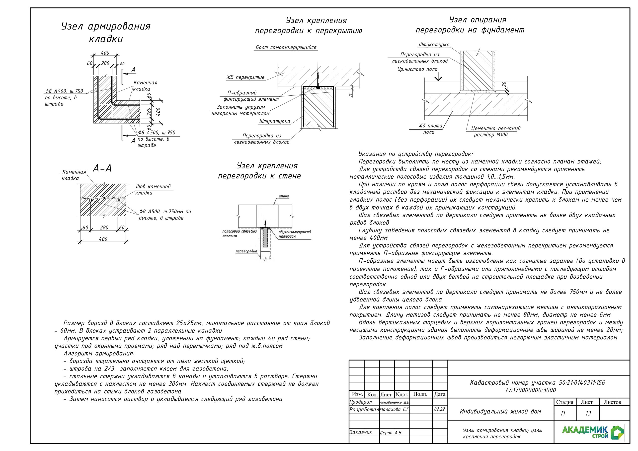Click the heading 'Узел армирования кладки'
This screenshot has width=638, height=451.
pos(106,32)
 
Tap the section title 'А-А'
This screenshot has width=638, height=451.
pos(102,168)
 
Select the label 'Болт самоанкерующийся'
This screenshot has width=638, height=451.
pos(286,48)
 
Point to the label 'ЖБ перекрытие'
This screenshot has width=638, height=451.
pos(245,77)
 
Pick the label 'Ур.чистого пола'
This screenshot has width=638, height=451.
pos(417,69)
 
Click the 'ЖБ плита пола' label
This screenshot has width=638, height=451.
pos(430,129)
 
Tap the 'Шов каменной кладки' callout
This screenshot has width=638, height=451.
pos(153,190)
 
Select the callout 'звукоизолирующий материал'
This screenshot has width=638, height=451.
pos(294,234)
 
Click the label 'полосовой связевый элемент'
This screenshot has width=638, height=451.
pos(239,233)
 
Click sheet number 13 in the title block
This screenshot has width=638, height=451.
pos(588,413)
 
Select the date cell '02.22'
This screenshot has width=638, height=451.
pos(439,409)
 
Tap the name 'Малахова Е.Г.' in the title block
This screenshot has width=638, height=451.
pos(395,409)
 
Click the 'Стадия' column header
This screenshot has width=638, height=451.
pos(564,402)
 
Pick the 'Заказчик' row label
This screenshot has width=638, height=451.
pos(361,432)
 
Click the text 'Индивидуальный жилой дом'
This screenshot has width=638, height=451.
pos(500,412)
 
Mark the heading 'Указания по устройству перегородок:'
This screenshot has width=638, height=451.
pos(415,154)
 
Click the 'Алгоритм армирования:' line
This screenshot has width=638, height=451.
pos(99,354)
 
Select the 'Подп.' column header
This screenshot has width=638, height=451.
pos(420,394)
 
